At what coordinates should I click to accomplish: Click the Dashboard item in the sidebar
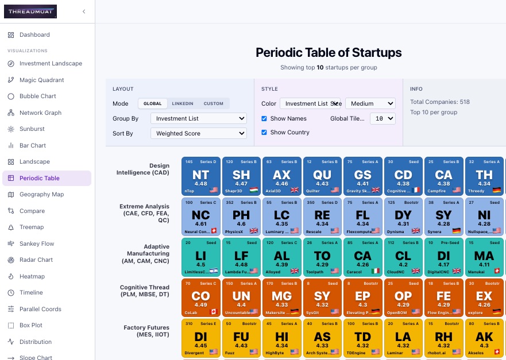tap(34, 34)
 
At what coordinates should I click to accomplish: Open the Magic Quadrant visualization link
tap(41, 80)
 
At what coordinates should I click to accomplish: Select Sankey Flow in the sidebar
tap(37, 243)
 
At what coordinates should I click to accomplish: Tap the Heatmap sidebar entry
tap(32, 276)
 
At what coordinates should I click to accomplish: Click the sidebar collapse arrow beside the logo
tap(84, 11)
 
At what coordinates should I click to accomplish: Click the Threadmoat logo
tap(32, 11)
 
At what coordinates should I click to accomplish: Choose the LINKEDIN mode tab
tap(183, 103)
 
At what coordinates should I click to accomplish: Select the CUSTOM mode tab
tap(214, 103)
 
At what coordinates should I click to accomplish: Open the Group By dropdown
tap(198, 118)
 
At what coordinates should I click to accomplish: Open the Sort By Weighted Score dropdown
tap(198, 133)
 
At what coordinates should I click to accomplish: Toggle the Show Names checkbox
tap(264, 118)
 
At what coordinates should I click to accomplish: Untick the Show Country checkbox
tap(264, 132)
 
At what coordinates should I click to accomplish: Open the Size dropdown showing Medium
tap(370, 103)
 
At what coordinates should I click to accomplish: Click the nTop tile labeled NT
tap(200, 176)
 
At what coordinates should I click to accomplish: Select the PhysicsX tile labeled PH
tap(241, 216)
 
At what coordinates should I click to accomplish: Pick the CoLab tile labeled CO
tap(200, 297)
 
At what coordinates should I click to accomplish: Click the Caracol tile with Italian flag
tap(362, 257)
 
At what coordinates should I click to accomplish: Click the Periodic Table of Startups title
tap(329, 53)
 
